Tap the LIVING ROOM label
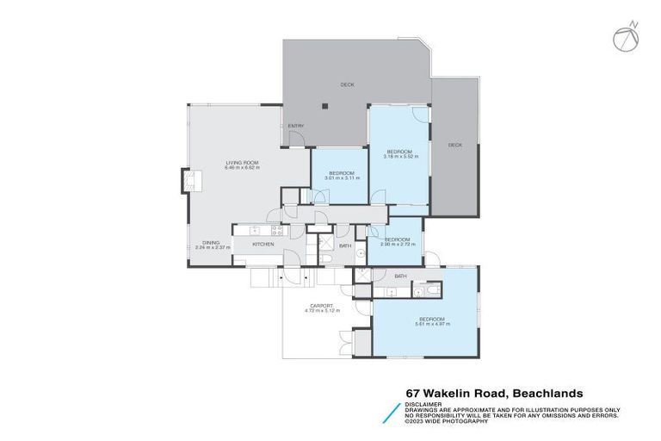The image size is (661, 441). (x=242, y=162)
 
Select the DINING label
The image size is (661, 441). (x=210, y=242)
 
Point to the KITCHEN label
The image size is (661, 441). (x=263, y=245)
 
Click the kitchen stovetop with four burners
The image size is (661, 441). (x=277, y=230)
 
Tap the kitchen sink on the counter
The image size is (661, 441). (x=253, y=230)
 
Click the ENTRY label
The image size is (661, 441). (x=295, y=127)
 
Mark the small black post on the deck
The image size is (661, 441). (x=324, y=107)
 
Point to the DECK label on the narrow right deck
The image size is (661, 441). (x=454, y=145)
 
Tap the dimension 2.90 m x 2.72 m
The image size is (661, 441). (x=397, y=244)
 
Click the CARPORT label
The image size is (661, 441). (x=322, y=305)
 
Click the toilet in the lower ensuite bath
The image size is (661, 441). (x=419, y=292)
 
